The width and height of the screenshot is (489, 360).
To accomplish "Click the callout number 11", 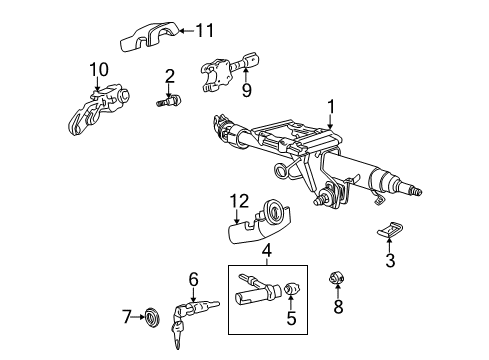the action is pos(204,31).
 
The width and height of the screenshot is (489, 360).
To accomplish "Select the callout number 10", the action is pos(99,69).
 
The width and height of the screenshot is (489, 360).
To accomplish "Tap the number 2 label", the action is pos(170,76).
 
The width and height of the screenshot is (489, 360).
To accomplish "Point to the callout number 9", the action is pos(247,90).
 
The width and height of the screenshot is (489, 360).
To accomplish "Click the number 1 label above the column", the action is pos(331,107).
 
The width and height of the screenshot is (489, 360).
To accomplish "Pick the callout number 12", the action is pos(239,201).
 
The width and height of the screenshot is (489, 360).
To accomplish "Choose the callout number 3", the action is pos(390,260).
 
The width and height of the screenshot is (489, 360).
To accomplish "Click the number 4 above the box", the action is pos(267,251).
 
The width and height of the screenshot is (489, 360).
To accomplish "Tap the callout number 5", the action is pos(291,318).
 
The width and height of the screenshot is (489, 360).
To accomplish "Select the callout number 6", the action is pos(193,279).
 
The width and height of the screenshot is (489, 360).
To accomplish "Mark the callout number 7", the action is pos(126,317).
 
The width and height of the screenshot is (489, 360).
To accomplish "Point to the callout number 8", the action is pos(338,306).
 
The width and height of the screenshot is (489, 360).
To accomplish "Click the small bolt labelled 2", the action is pos(169,100).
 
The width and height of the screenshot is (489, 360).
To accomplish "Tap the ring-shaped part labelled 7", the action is pos(153,318).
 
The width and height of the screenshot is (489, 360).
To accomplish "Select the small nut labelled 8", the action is pos(337,278).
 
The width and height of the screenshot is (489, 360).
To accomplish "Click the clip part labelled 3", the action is pos(389,230).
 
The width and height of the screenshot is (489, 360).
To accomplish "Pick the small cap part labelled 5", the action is pos(292,288).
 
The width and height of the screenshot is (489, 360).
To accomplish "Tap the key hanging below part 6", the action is pos(177,333).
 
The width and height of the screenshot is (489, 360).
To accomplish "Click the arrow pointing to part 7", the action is pos(138,317).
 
